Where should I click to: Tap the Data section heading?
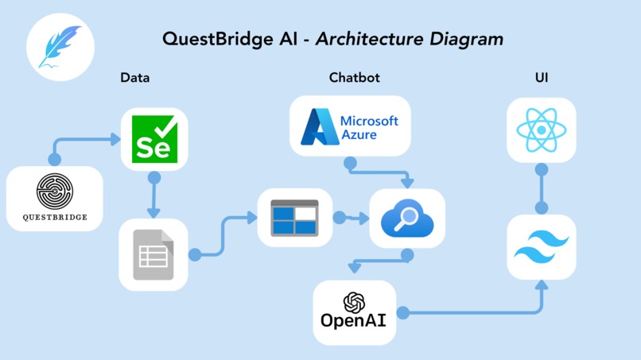pos(134,78)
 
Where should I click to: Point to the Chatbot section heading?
pos(354,78)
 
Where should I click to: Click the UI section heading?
pos(541,78)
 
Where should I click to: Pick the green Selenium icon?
pos(153,139)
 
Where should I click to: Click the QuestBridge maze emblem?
pos(55,192)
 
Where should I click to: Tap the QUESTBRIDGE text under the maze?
pos(55,216)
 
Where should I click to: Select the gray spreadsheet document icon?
pos(153,254)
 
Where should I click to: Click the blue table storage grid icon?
pos(294,217)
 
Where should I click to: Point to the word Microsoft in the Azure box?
pos(369,121)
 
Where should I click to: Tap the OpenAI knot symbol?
pos(354,302)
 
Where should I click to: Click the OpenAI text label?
pos(354,321)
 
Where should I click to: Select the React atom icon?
pos(541,130)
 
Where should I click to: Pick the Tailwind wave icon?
pos(541,246)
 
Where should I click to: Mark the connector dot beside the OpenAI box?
pos(403,313)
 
